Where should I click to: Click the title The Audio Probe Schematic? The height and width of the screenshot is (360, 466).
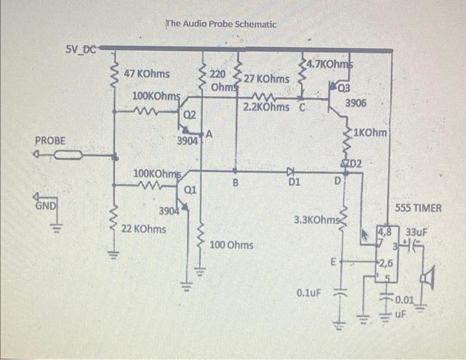221,24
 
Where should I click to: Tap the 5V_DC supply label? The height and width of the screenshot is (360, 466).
81,49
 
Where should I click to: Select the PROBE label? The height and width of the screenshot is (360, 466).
51,141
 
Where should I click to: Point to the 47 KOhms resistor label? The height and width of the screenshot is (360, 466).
147,73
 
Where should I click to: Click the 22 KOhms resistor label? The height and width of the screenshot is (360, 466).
144,228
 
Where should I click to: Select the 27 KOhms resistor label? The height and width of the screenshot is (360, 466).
266,79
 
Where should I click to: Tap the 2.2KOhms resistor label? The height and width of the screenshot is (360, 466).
266,106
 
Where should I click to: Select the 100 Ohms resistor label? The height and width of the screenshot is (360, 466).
231,246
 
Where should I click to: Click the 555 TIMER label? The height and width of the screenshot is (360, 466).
418,208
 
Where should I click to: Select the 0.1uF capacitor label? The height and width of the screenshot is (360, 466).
310,293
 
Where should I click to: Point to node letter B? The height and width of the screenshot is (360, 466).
235,183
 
